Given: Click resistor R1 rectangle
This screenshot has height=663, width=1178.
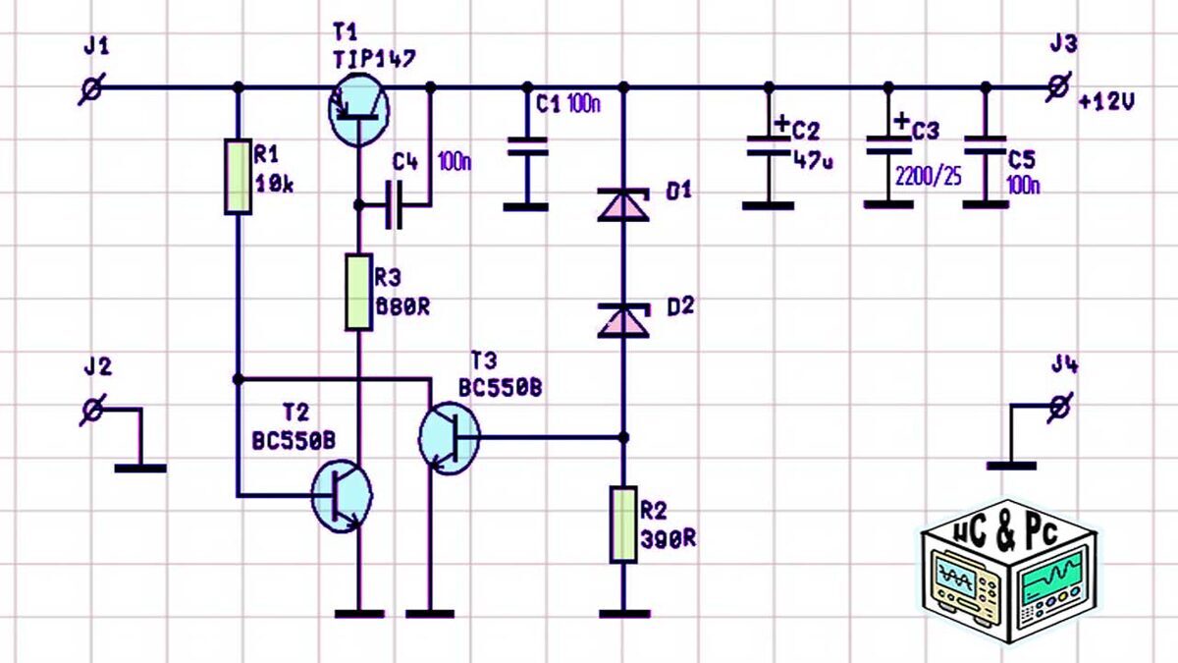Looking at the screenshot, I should point(237,177).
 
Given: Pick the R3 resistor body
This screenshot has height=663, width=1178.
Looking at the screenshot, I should point(357,293).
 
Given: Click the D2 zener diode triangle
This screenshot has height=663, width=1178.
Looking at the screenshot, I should point(623,318).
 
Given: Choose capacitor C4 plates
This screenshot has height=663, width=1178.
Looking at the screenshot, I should point(395,205).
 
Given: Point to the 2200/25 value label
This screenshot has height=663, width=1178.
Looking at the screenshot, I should point(928,177).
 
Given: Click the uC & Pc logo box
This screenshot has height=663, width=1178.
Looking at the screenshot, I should point(1009,580).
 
